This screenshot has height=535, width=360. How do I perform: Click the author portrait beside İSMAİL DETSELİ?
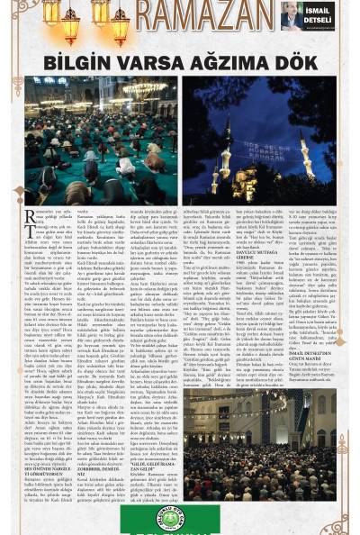[x=292, y=15]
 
